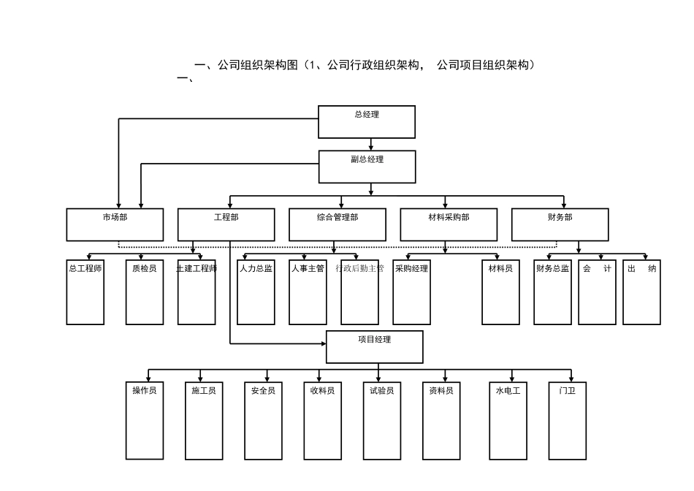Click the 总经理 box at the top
click(367, 121)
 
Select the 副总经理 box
click(367, 167)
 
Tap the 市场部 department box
click(115, 224)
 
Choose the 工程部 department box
click(226, 224)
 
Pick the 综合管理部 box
click(338, 224)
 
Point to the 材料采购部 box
click(449, 224)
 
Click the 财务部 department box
click(560, 224)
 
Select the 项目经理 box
click(374, 346)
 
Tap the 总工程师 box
click(85, 292)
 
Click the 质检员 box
click(144, 292)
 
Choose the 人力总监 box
click(256, 292)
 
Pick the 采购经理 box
click(411, 292)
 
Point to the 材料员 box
click(500, 292)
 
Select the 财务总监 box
click(552, 292)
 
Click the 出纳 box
click(641, 292)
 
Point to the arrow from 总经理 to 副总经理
click(371, 144)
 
